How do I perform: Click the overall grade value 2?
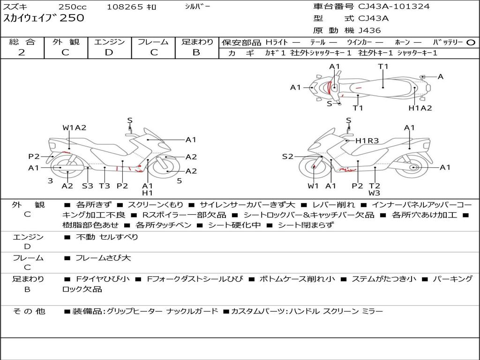tap(22, 52)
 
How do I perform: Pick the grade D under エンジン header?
tap(109, 52)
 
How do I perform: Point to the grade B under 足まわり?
tap(196, 52)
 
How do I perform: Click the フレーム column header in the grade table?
tap(153, 42)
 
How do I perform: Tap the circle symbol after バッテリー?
tap(471, 42)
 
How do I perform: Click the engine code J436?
tap(370, 30)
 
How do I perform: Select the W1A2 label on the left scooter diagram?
tap(75, 127)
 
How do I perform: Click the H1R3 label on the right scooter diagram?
tap(367, 140)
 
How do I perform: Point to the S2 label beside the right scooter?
tap(287, 157)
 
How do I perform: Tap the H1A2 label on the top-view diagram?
tap(420, 108)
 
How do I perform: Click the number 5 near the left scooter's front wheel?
tap(179, 180)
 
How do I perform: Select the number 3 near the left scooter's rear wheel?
tap(50, 180)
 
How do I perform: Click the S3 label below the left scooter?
tap(88, 186)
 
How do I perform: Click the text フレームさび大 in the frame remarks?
tap(103, 258)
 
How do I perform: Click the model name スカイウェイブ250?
tap(44, 18)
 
